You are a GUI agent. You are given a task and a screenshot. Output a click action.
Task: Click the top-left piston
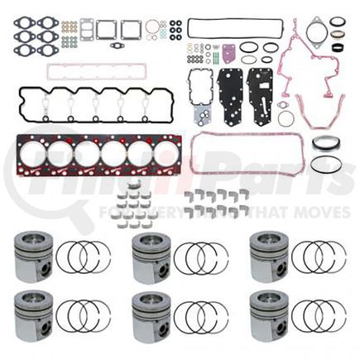click(33, 257)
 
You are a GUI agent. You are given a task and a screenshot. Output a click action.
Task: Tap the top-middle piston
click(151, 257)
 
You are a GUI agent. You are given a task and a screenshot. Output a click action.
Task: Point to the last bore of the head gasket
click(166, 153)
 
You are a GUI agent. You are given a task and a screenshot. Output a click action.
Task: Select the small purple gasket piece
click(228, 53)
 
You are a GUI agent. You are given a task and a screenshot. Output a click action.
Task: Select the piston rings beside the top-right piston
click(319, 257)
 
